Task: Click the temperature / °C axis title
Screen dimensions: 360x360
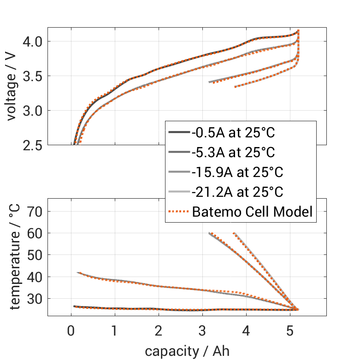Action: pos(14,257)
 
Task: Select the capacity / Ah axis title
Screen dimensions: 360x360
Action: pos(187,351)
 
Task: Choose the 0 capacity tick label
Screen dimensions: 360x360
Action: pos(71,331)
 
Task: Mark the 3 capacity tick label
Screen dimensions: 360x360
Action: pos(202,331)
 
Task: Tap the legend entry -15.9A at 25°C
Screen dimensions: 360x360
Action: pos(237,172)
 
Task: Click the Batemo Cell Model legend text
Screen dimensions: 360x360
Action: pos(252,212)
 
